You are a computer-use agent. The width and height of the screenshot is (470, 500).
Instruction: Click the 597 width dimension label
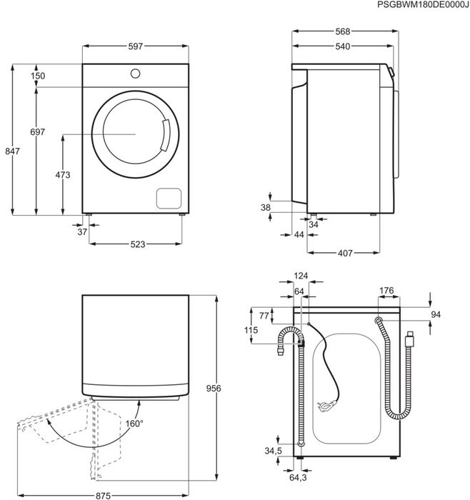pyautogui.click(x=136, y=46)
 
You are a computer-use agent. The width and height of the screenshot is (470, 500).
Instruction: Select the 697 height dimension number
pyautogui.click(x=38, y=132)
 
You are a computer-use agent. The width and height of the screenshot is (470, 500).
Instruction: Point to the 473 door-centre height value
pyautogui.click(x=63, y=175)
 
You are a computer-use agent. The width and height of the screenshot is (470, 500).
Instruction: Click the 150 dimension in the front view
pyautogui.click(x=38, y=76)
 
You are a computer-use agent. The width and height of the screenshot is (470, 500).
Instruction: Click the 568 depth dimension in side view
pyautogui.click(x=342, y=31)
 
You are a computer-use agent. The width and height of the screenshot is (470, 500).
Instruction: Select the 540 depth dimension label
pyautogui.click(x=342, y=47)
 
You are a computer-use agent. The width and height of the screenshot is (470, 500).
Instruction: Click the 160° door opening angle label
pyautogui.click(x=134, y=424)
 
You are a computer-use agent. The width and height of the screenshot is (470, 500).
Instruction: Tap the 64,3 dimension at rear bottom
pyautogui.click(x=299, y=477)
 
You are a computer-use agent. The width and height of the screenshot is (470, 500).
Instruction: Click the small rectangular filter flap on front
pyautogui.click(x=168, y=198)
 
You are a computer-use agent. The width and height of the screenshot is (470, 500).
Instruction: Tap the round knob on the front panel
pyautogui.click(x=136, y=73)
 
